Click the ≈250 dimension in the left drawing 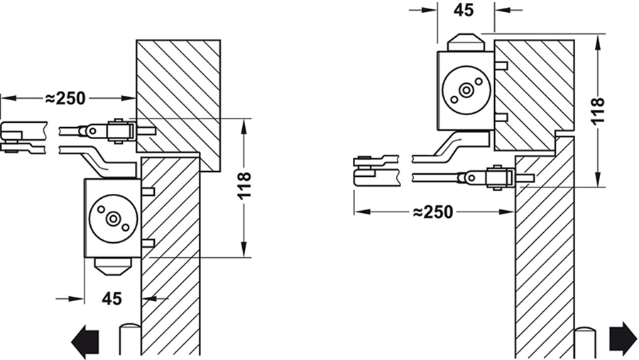click(x=67, y=98)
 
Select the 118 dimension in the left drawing click(x=244, y=187)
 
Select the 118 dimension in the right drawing click(x=597, y=111)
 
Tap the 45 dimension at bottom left click(x=111, y=299)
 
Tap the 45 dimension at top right click(x=464, y=10)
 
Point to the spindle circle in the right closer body click(x=466, y=90)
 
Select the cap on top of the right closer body click(x=466, y=40)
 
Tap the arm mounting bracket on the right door click(x=498, y=177)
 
